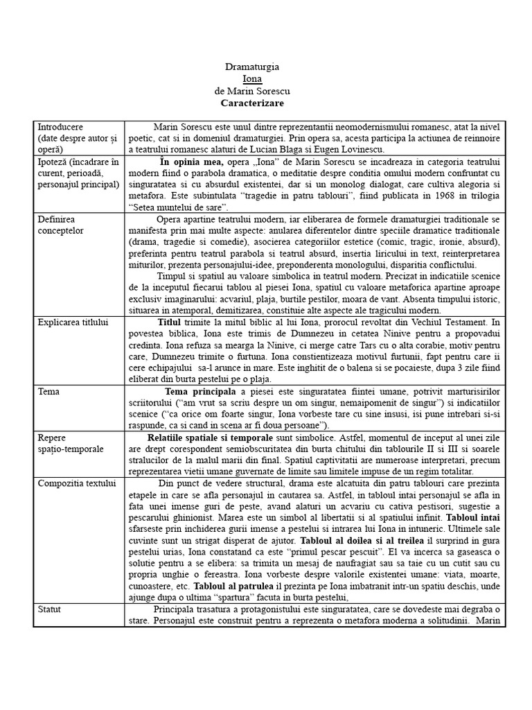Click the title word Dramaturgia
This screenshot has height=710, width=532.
[x=252, y=67]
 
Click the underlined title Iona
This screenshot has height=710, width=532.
[x=252, y=79]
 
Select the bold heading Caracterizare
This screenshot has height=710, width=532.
[x=252, y=103]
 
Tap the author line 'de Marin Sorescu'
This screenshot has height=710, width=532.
[x=252, y=91]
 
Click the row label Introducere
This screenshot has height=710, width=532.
[x=60, y=127]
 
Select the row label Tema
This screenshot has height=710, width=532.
[x=48, y=391]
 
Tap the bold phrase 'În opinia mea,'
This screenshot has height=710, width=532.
[x=191, y=162]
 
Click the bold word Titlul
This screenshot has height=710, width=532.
[x=169, y=323]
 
